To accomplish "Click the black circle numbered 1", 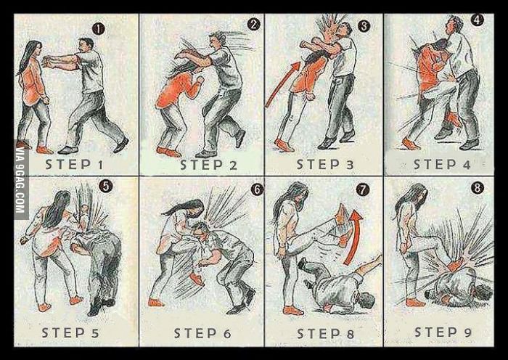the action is (99, 29).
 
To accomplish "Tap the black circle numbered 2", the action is (254, 24).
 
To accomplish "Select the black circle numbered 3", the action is (364, 26).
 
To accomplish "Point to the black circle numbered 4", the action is (478, 20).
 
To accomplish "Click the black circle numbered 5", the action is (106, 186).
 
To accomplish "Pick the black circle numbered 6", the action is (257, 190).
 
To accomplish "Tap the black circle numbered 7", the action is (363, 190).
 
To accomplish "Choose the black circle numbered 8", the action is (478, 188).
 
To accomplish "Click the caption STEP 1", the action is (74, 165).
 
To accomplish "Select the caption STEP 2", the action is (209, 165).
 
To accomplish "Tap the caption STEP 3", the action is (325, 165).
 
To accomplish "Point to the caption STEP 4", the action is (442, 165).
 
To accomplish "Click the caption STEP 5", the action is (70, 332).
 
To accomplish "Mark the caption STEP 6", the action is (202, 333).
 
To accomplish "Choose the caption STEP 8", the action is (326, 333).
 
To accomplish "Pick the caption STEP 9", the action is (443, 332).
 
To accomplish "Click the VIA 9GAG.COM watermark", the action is (21, 180).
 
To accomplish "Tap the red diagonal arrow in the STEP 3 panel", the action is (282, 84).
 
